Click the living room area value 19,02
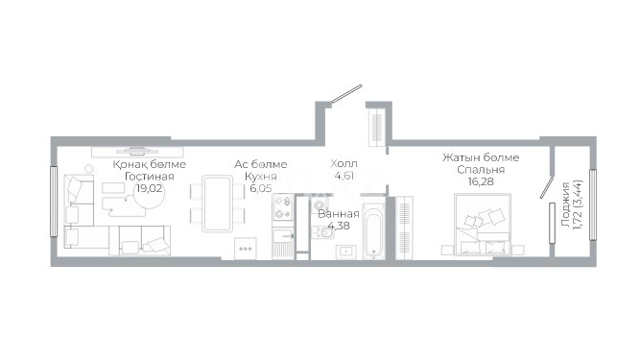[150, 188]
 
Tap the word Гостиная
[150, 177]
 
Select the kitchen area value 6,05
[261, 188]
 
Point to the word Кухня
[261, 177]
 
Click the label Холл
[344, 163]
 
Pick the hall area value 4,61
[344, 176]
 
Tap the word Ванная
[339, 214]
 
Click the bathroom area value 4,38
[339, 226]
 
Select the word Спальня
[481, 169]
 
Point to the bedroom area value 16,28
[481, 181]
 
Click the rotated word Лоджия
[565, 204]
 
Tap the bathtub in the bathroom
[373, 230]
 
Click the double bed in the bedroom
[483, 225]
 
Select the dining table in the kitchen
[218, 204]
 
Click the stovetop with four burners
[282, 207]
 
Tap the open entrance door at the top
[346, 93]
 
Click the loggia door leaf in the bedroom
[546, 188]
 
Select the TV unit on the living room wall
[137, 152]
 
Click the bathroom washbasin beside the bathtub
[346, 252]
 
